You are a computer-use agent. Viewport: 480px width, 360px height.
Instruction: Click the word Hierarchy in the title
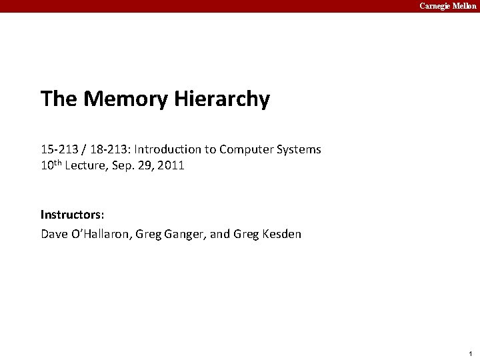point(222,99)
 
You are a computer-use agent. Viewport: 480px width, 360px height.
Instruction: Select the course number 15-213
point(56,149)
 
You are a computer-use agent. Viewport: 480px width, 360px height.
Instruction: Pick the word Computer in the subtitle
point(246,149)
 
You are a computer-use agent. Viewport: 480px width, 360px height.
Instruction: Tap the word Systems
point(299,149)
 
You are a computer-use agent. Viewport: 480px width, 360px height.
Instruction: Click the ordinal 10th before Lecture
point(53,165)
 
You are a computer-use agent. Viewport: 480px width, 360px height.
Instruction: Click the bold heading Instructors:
point(72,215)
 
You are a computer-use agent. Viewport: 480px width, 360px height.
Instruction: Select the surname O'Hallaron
point(99,234)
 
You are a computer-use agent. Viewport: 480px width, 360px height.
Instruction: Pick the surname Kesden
point(281,234)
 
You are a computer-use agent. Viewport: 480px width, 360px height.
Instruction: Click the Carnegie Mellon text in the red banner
point(447,6)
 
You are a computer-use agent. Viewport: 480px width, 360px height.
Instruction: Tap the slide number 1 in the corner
point(470,353)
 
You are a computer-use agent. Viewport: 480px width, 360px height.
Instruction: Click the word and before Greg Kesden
point(221,234)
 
